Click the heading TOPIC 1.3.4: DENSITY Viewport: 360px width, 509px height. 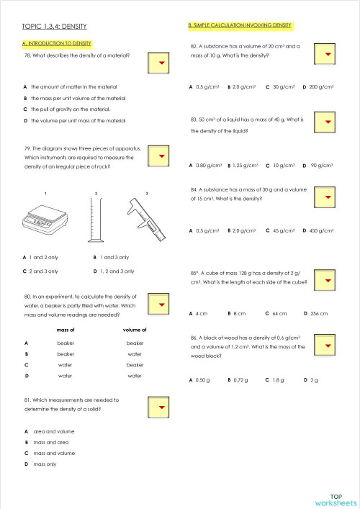(55, 26)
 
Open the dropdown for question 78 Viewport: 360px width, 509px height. (161, 63)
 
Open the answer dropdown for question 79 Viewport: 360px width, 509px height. (161, 156)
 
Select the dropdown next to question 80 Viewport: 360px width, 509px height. (161, 307)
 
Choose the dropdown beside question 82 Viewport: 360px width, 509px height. (328, 54)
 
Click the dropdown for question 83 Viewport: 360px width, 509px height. (328, 123)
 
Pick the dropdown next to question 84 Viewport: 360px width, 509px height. (328, 197)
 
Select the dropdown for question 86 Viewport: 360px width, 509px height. (328, 346)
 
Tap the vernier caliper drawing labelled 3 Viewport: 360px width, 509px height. (144, 216)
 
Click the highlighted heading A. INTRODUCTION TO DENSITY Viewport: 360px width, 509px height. (56, 44)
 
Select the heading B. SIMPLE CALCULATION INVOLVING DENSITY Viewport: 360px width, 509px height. (239, 26)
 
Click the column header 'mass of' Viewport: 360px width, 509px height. (66, 330)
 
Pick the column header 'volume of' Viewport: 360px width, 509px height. (135, 330)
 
